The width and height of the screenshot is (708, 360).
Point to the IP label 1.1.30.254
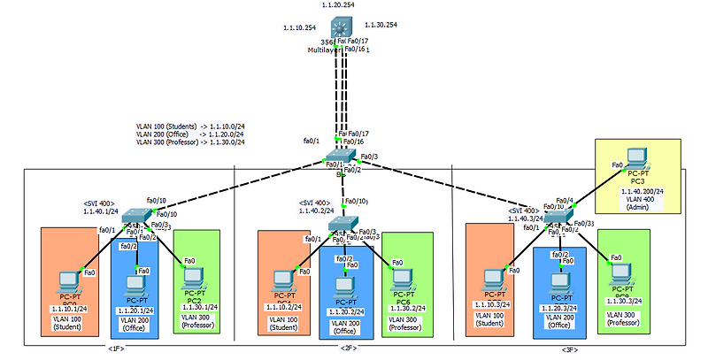[x=381, y=25]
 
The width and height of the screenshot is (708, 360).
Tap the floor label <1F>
[x=116, y=349]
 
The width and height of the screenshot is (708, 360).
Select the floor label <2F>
[x=348, y=349]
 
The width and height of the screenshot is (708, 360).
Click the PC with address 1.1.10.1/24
[x=68, y=280]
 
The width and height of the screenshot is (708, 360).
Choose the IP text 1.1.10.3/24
[x=494, y=303]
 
